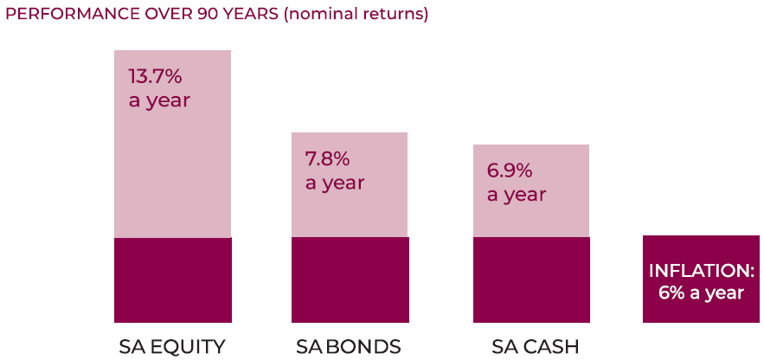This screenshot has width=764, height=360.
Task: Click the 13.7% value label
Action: click(x=156, y=77)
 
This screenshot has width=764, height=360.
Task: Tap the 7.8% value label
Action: click(x=328, y=159)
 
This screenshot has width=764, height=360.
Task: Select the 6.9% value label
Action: click(x=510, y=171)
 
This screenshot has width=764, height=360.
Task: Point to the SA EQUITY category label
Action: click(x=172, y=347)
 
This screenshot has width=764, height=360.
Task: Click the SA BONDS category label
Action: click(x=349, y=347)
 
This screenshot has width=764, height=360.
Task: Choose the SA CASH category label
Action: click(x=535, y=347)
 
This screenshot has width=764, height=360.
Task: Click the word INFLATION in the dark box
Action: click(x=701, y=271)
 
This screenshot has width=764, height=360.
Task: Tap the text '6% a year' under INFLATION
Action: click(x=701, y=293)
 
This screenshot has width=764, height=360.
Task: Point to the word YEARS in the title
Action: click(x=252, y=14)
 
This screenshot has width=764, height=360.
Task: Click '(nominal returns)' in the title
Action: click(x=356, y=15)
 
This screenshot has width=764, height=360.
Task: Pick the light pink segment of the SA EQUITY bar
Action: click(x=172, y=144)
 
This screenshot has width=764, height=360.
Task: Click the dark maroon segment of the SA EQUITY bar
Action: click(x=172, y=280)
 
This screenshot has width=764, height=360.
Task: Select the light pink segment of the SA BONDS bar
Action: click(x=350, y=185)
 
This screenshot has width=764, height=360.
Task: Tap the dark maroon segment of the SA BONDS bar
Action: click(x=350, y=280)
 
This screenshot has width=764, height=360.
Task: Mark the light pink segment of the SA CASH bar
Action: click(x=531, y=191)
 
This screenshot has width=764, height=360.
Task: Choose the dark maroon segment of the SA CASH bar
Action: click(x=531, y=280)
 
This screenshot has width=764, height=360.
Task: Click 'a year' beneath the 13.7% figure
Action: click(x=159, y=101)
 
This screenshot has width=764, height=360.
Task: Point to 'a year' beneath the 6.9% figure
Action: click(x=517, y=195)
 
